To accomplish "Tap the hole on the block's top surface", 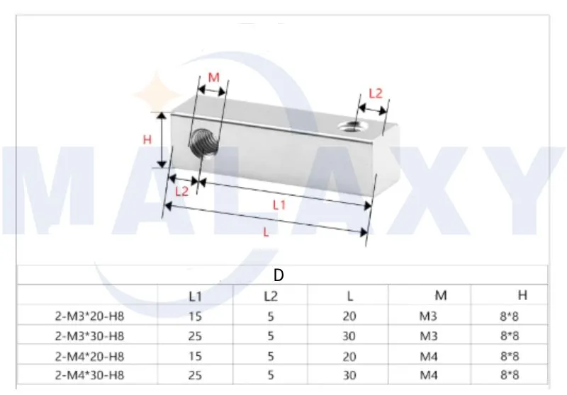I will [349, 126].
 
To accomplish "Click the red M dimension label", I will [213, 77].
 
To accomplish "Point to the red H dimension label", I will [147, 140].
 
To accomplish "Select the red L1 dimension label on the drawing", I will [279, 205].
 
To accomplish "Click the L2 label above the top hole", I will [376, 93].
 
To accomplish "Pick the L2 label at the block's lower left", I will [181, 191].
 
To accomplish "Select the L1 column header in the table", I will [195, 296].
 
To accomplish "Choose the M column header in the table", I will [441, 295].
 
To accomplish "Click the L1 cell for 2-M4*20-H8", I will [195, 356].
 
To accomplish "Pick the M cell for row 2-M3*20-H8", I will [429, 316].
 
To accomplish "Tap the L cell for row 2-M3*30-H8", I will [349, 336].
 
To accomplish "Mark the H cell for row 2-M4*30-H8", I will [509, 375].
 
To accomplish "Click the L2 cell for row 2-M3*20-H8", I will [271, 316].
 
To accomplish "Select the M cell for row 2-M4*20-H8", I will [429, 356].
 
